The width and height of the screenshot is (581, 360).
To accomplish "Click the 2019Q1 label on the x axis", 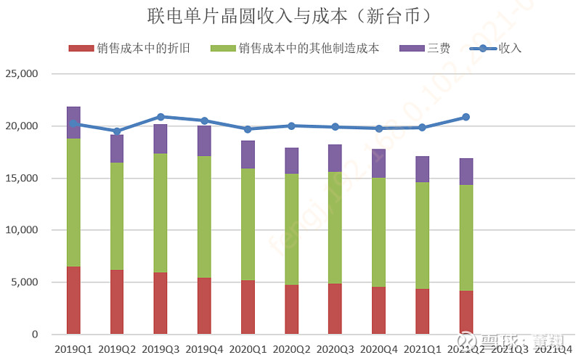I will [73, 350].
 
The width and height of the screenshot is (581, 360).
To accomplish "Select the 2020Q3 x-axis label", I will [335, 350].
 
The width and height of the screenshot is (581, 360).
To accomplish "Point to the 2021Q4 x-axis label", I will [553, 350].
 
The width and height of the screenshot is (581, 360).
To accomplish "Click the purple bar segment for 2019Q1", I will [73, 123].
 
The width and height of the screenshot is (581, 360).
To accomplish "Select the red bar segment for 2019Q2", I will [117, 302].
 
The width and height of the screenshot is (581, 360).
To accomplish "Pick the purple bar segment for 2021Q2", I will [466, 171].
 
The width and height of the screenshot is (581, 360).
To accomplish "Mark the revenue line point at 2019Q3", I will [161, 117].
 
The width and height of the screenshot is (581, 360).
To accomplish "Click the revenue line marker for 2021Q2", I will [466, 117].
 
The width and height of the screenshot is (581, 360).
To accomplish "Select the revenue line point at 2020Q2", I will [291, 126].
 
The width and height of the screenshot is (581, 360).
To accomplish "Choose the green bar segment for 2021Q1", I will [422, 236].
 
